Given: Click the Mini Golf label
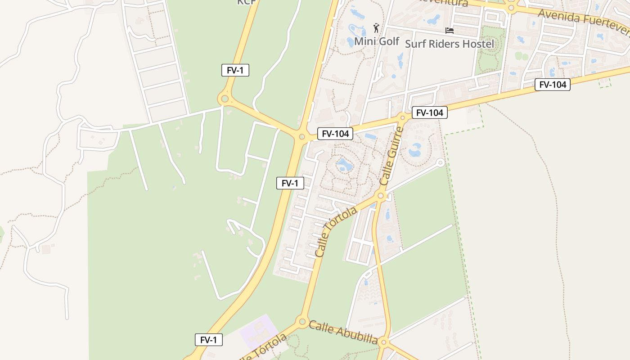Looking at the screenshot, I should pyautogui.click(x=377, y=41).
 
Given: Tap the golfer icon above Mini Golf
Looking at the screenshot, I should pyautogui.click(x=376, y=28).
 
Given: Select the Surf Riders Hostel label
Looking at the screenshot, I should pyautogui.click(x=449, y=44).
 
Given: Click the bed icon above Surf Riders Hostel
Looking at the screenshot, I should pyautogui.click(x=449, y=31).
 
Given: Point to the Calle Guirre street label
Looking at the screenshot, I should pyautogui.click(x=391, y=156).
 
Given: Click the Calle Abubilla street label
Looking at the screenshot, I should pyautogui.click(x=343, y=332).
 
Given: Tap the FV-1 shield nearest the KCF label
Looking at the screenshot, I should pyautogui.click(x=235, y=70).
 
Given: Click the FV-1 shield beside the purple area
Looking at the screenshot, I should pyautogui.click(x=209, y=340).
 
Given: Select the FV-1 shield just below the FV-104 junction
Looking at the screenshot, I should pyautogui.click(x=290, y=183).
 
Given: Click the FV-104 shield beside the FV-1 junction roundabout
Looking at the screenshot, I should pyautogui.click(x=335, y=134).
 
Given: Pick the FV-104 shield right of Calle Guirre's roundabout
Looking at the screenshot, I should pyautogui.click(x=429, y=113).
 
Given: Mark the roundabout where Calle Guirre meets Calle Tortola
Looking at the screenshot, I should pyautogui.click(x=381, y=196).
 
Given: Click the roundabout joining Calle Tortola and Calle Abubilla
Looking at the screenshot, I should pyautogui.click(x=302, y=321).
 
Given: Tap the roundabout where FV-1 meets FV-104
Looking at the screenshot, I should pyautogui.click(x=301, y=136).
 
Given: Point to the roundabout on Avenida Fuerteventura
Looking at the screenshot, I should pyautogui.click(x=511, y=8).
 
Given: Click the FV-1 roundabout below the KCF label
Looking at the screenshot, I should pyautogui.click(x=224, y=99).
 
